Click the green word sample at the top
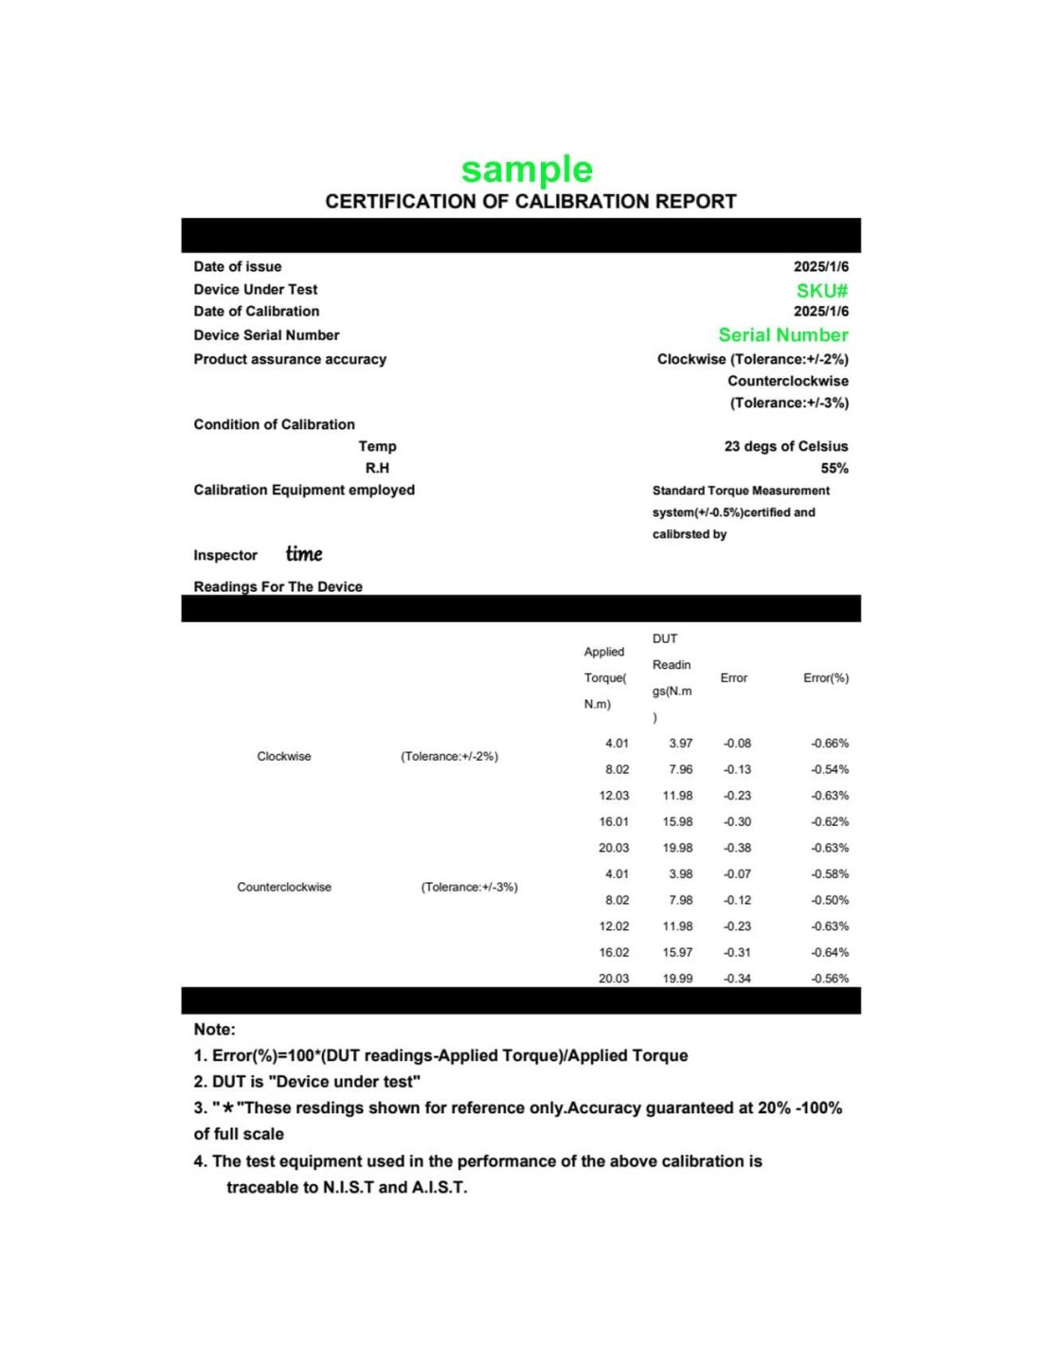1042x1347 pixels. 527,170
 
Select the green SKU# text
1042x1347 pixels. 821,291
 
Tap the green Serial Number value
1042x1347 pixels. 782,334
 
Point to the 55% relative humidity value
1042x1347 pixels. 834,468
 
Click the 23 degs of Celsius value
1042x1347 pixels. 785,446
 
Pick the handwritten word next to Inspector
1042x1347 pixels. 304,554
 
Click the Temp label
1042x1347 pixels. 377,446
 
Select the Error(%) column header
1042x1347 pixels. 825,678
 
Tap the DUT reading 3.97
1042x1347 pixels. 680,744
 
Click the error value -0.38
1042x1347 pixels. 737,848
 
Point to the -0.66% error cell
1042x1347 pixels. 829,744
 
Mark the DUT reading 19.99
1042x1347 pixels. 677,979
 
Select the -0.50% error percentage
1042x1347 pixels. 829,900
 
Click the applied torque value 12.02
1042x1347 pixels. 613,926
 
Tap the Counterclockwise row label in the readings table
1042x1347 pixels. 284,888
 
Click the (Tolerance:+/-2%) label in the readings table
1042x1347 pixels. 449,757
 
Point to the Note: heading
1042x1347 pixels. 214,1030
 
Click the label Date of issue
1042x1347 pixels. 237,267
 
